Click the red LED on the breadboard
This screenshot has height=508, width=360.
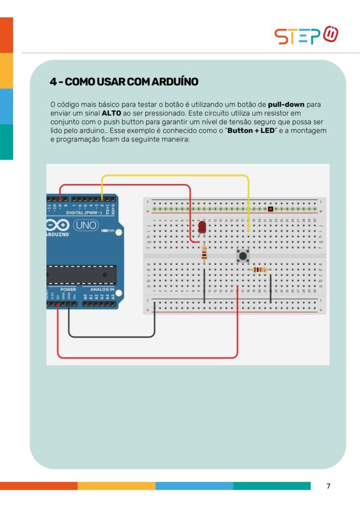[202, 227]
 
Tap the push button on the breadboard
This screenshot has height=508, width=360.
[243, 256]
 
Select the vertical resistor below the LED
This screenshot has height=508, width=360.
[204, 254]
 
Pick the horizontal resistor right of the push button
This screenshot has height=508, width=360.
[259, 270]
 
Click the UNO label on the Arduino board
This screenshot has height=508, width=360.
[86, 225]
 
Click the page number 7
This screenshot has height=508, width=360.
[328, 486]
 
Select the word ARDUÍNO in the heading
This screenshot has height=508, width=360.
[170, 81]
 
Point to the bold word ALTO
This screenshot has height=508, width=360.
[111, 113]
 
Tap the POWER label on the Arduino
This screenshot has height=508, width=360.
[68, 289]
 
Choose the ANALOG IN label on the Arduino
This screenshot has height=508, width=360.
[102, 289]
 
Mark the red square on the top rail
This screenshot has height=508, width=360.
[270, 209]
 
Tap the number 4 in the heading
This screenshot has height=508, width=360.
[52, 81]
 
